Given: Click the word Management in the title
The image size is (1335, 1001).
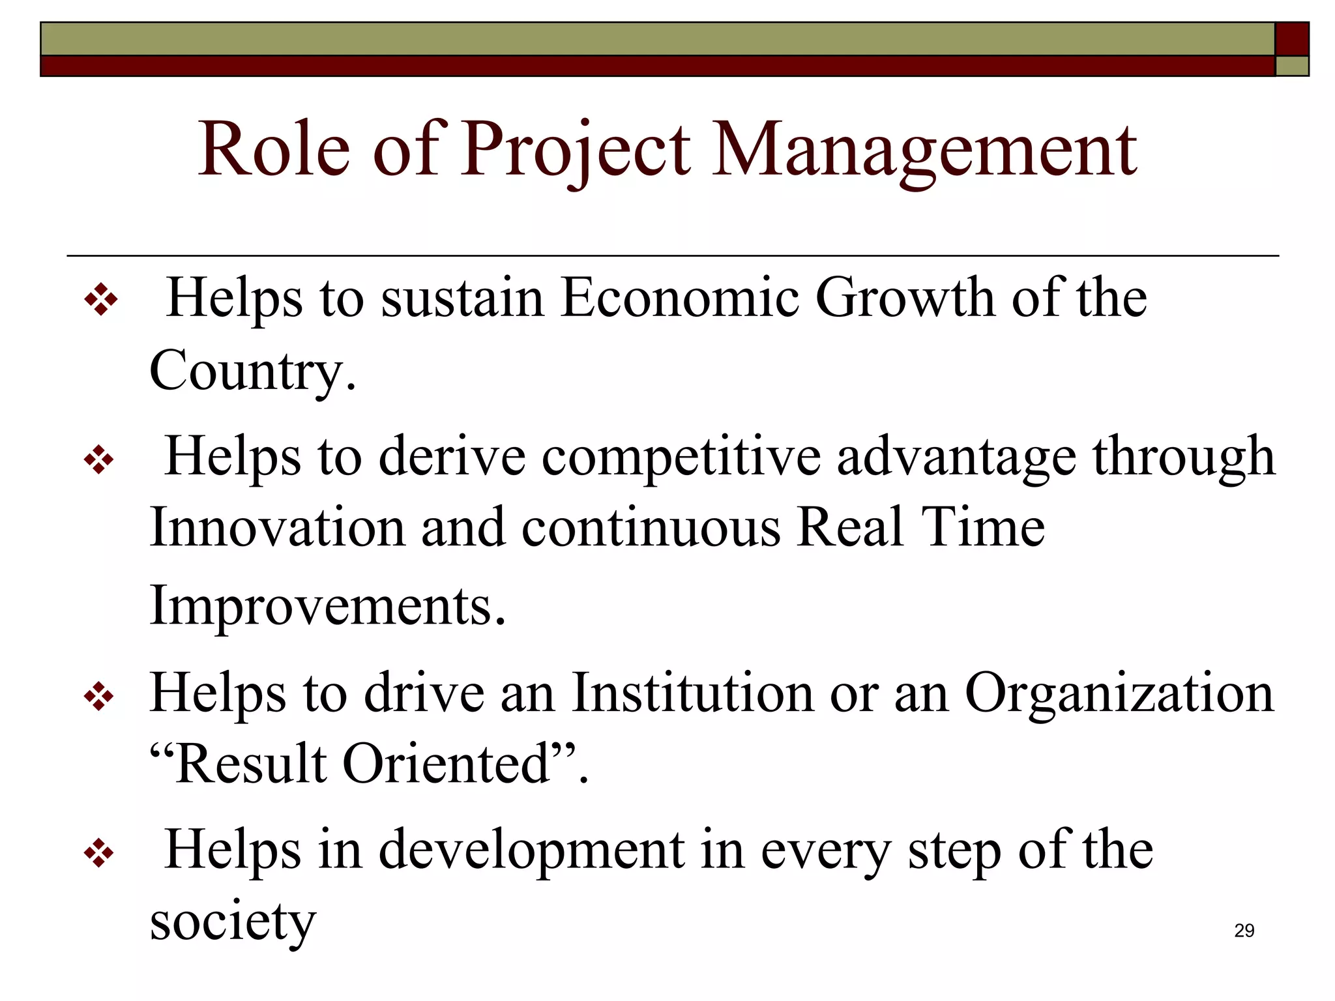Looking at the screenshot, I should coord(924,151).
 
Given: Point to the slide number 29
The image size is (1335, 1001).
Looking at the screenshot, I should coord(1244,931).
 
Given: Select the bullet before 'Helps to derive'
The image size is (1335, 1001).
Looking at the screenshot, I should coord(99,460).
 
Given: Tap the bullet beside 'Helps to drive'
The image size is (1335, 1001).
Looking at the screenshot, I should coord(99,698).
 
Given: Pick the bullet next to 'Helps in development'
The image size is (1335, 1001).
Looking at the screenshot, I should coord(99,854).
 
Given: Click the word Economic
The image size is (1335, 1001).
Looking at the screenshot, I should coord(680,298).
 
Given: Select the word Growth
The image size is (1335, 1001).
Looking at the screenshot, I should coord(905,298).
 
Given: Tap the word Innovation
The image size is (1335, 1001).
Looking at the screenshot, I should coord(278,528).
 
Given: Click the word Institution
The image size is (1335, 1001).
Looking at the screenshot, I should coord(692,693).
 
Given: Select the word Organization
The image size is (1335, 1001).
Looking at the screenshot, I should coord(1119,693).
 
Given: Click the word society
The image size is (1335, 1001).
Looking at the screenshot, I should coord(233,921).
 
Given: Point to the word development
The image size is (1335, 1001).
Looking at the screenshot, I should coord(531,851).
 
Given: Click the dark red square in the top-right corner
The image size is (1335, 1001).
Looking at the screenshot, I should coord(1291,38).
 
